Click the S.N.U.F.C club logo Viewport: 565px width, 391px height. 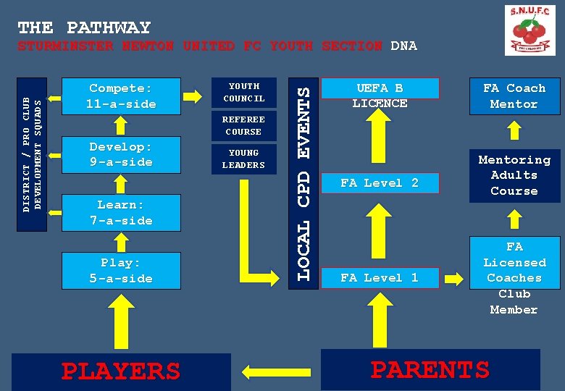(x=530, y=30)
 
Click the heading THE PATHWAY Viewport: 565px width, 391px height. (x=84, y=28)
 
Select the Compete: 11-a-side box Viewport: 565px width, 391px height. (x=121, y=96)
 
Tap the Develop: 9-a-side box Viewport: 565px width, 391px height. (x=121, y=154)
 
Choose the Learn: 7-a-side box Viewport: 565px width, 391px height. (x=121, y=213)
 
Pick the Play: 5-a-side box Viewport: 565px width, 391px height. (x=121, y=271)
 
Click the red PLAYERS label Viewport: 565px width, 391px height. (x=120, y=371)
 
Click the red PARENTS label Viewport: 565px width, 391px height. (x=430, y=369)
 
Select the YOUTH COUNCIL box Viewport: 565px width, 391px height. (x=243, y=92)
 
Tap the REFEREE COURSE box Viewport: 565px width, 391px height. (x=243, y=125)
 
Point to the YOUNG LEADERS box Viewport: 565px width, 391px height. (x=243, y=159)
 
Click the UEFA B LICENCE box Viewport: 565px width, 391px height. (x=380, y=94)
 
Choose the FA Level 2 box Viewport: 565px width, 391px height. (x=380, y=183)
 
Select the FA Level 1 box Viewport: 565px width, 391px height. (x=380, y=277)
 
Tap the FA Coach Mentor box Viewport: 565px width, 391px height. (x=514, y=96)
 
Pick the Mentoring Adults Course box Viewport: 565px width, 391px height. (x=514, y=175)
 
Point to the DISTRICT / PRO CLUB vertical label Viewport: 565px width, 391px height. (x=27, y=154)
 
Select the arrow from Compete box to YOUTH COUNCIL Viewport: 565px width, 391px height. (x=193, y=96)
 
